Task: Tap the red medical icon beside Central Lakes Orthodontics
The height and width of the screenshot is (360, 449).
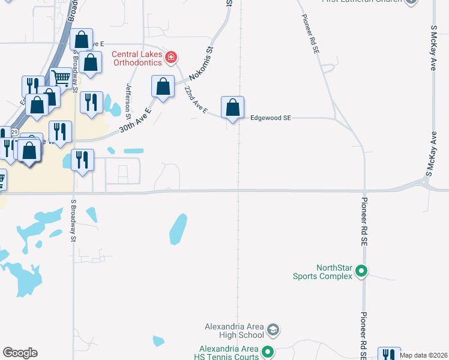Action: (172, 58)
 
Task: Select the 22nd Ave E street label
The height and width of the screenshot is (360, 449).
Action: (196, 101)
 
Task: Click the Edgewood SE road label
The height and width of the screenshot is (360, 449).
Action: (270, 119)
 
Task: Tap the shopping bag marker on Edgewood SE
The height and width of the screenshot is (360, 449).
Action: (232, 108)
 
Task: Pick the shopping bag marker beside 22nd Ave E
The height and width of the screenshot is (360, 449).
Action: (163, 86)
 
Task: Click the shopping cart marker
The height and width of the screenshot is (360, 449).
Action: (61, 79)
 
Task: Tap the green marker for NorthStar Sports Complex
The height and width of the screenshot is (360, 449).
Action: (361, 271)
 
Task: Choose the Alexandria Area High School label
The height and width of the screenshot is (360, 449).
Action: (234, 331)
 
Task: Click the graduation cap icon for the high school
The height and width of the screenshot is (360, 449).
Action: (273, 330)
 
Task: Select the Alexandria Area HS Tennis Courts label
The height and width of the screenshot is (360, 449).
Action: (229, 353)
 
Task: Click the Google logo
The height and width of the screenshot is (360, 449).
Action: (20, 353)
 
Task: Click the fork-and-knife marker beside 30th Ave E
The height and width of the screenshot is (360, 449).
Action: (91, 103)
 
